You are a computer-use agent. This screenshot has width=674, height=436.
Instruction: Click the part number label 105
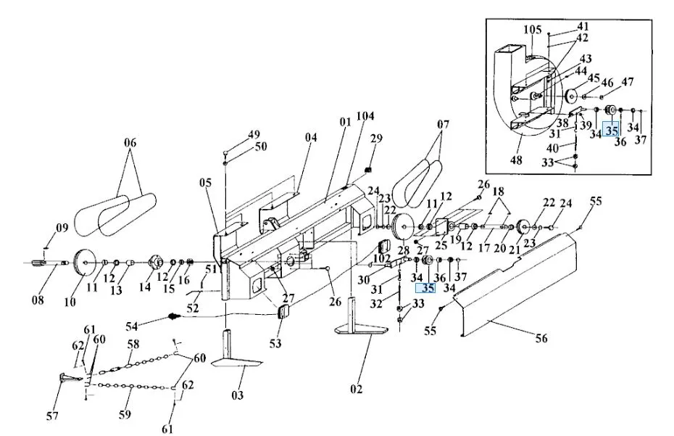[x=532, y=30]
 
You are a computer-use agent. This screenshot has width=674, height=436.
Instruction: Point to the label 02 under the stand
[x=355, y=389]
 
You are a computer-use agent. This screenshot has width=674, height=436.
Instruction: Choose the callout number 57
[x=54, y=416]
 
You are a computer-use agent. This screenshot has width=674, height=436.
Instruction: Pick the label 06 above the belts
[x=130, y=143]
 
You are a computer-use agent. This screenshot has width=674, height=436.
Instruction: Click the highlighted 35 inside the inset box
[x=612, y=131]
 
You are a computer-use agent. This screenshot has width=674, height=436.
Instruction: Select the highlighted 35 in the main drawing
[x=428, y=287]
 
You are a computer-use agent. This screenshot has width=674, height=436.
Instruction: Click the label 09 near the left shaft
[x=62, y=228]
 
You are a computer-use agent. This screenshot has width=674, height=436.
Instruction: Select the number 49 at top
[x=253, y=135]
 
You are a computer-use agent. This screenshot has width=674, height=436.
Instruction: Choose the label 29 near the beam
[x=375, y=139]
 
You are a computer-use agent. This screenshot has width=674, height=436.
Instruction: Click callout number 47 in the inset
[x=627, y=81]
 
